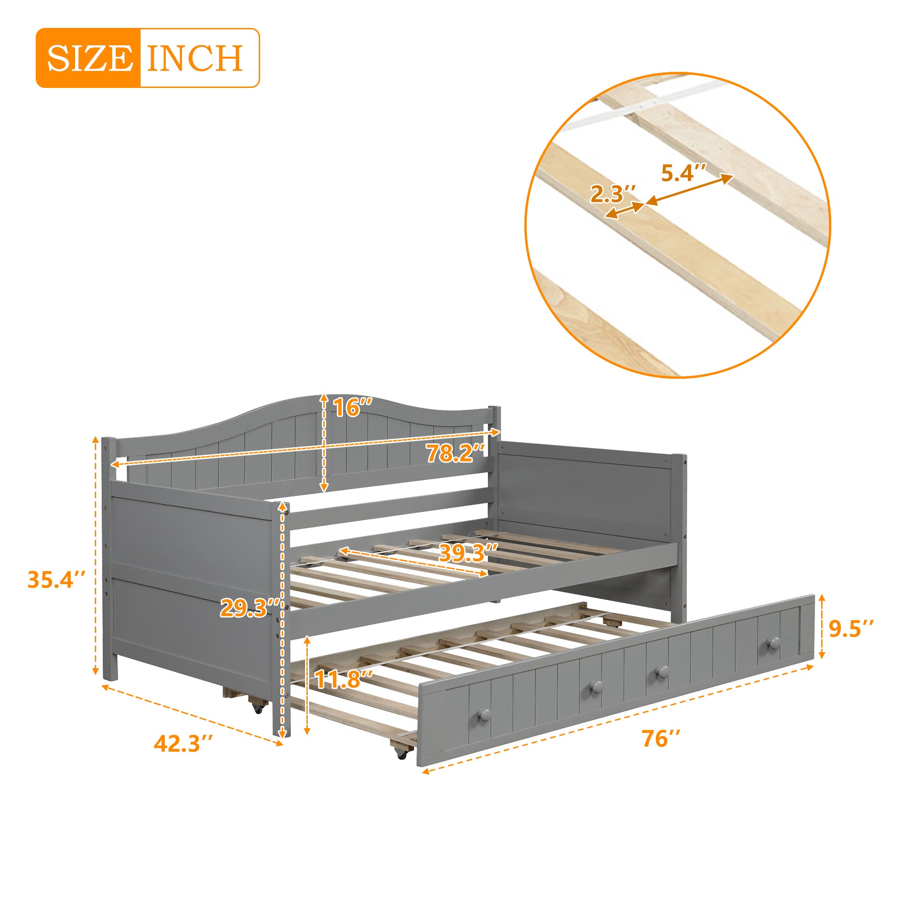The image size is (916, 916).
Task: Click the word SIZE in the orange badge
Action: click(x=89, y=58)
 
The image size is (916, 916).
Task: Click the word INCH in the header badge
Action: click(x=195, y=58)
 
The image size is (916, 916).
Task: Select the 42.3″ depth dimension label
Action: click(x=184, y=743)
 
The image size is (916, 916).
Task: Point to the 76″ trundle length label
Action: click(x=661, y=739)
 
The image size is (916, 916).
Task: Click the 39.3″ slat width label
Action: click(x=469, y=553)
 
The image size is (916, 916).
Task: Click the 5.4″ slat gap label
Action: click(x=684, y=173)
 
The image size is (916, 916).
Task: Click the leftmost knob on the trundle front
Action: click(x=484, y=714)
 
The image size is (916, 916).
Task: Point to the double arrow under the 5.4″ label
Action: click(x=690, y=190)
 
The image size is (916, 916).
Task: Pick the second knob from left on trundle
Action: click(x=595, y=686)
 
